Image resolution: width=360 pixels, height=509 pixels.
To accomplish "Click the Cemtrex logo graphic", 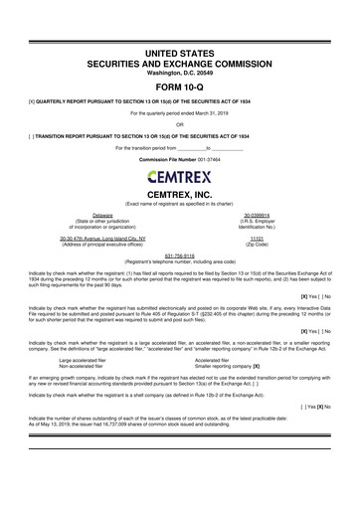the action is click(x=179, y=179).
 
